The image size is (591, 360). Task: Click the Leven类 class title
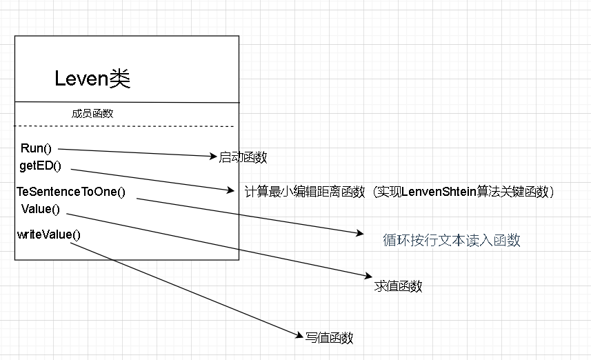pyautogui.click(x=92, y=79)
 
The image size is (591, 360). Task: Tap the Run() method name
pyautogui.click(x=37, y=148)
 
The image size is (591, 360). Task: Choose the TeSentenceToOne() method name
pyautogui.click(x=71, y=191)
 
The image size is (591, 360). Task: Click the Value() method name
pyautogui.click(x=41, y=208)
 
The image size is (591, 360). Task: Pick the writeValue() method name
pyautogui.click(x=49, y=234)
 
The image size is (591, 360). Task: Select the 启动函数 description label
pyautogui.click(x=243, y=157)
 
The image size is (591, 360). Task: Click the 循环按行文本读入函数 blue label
pyautogui.click(x=452, y=240)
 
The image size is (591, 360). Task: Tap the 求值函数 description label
pyautogui.click(x=398, y=286)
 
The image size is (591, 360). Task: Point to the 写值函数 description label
pyautogui.click(x=329, y=338)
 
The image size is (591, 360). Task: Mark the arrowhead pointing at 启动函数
pyautogui.click(x=214, y=157)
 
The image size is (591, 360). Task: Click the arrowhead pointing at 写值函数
pyautogui.click(x=301, y=336)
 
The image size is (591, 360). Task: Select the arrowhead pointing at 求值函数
pyautogui.click(x=370, y=276)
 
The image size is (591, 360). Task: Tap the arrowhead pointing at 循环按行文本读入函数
pyautogui.click(x=360, y=234)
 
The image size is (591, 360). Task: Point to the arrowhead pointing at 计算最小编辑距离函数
pyautogui.click(x=232, y=190)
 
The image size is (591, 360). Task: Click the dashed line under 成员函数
pyautogui.click(x=124, y=126)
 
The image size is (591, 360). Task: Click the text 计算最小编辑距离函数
pyautogui.click(x=305, y=192)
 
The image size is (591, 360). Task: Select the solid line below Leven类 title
pyautogui.click(x=127, y=102)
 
